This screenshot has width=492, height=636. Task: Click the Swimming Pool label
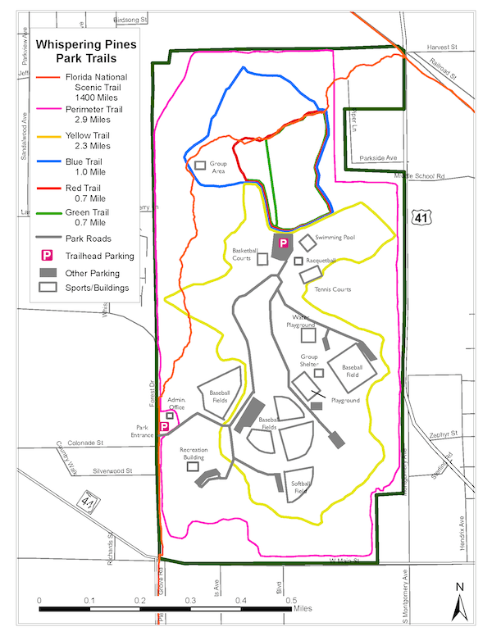click(x=335, y=237)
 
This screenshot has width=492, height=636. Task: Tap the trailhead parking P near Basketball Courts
click(x=284, y=243)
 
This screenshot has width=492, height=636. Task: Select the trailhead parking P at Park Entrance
click(x=165, y=426)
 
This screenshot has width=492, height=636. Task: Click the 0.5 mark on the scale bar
click(x=291, y=601)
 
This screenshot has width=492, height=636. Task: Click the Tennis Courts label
click(x=331, y=289)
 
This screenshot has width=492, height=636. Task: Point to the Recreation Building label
click(x=194, y=453)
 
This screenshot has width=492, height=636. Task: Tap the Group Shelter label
click(x=309, y=361)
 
